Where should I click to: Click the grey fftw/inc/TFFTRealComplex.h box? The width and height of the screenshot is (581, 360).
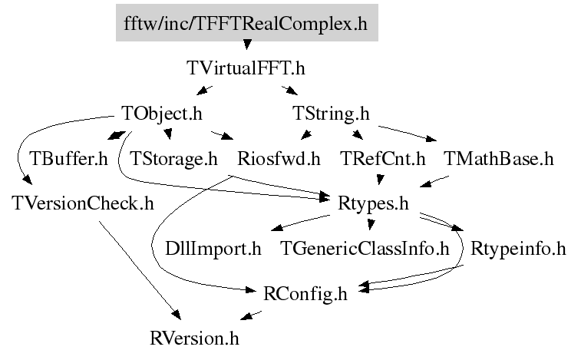tap(246, 24)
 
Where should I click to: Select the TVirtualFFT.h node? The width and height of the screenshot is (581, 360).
tap(246, 68)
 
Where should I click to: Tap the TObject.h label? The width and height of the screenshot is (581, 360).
tap(161, 114)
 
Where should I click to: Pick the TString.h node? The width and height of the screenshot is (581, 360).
tap(332, 114)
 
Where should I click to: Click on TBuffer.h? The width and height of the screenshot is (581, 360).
tap(68, 159)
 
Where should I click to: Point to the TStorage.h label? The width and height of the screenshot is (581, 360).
tap(174, 159)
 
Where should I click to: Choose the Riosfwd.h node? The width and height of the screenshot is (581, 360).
tap(279, 159)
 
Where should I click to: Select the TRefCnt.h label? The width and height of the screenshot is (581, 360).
tap(382, 159)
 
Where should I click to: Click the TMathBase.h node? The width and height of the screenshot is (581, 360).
tap(498, 159)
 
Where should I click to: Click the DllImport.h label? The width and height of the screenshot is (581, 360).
tap(213, 249)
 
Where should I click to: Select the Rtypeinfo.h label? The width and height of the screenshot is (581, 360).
tap(518, 249)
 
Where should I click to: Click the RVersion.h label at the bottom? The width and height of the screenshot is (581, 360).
tap(200, 337)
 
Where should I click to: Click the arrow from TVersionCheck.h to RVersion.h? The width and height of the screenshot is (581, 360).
tap(138, 269)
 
